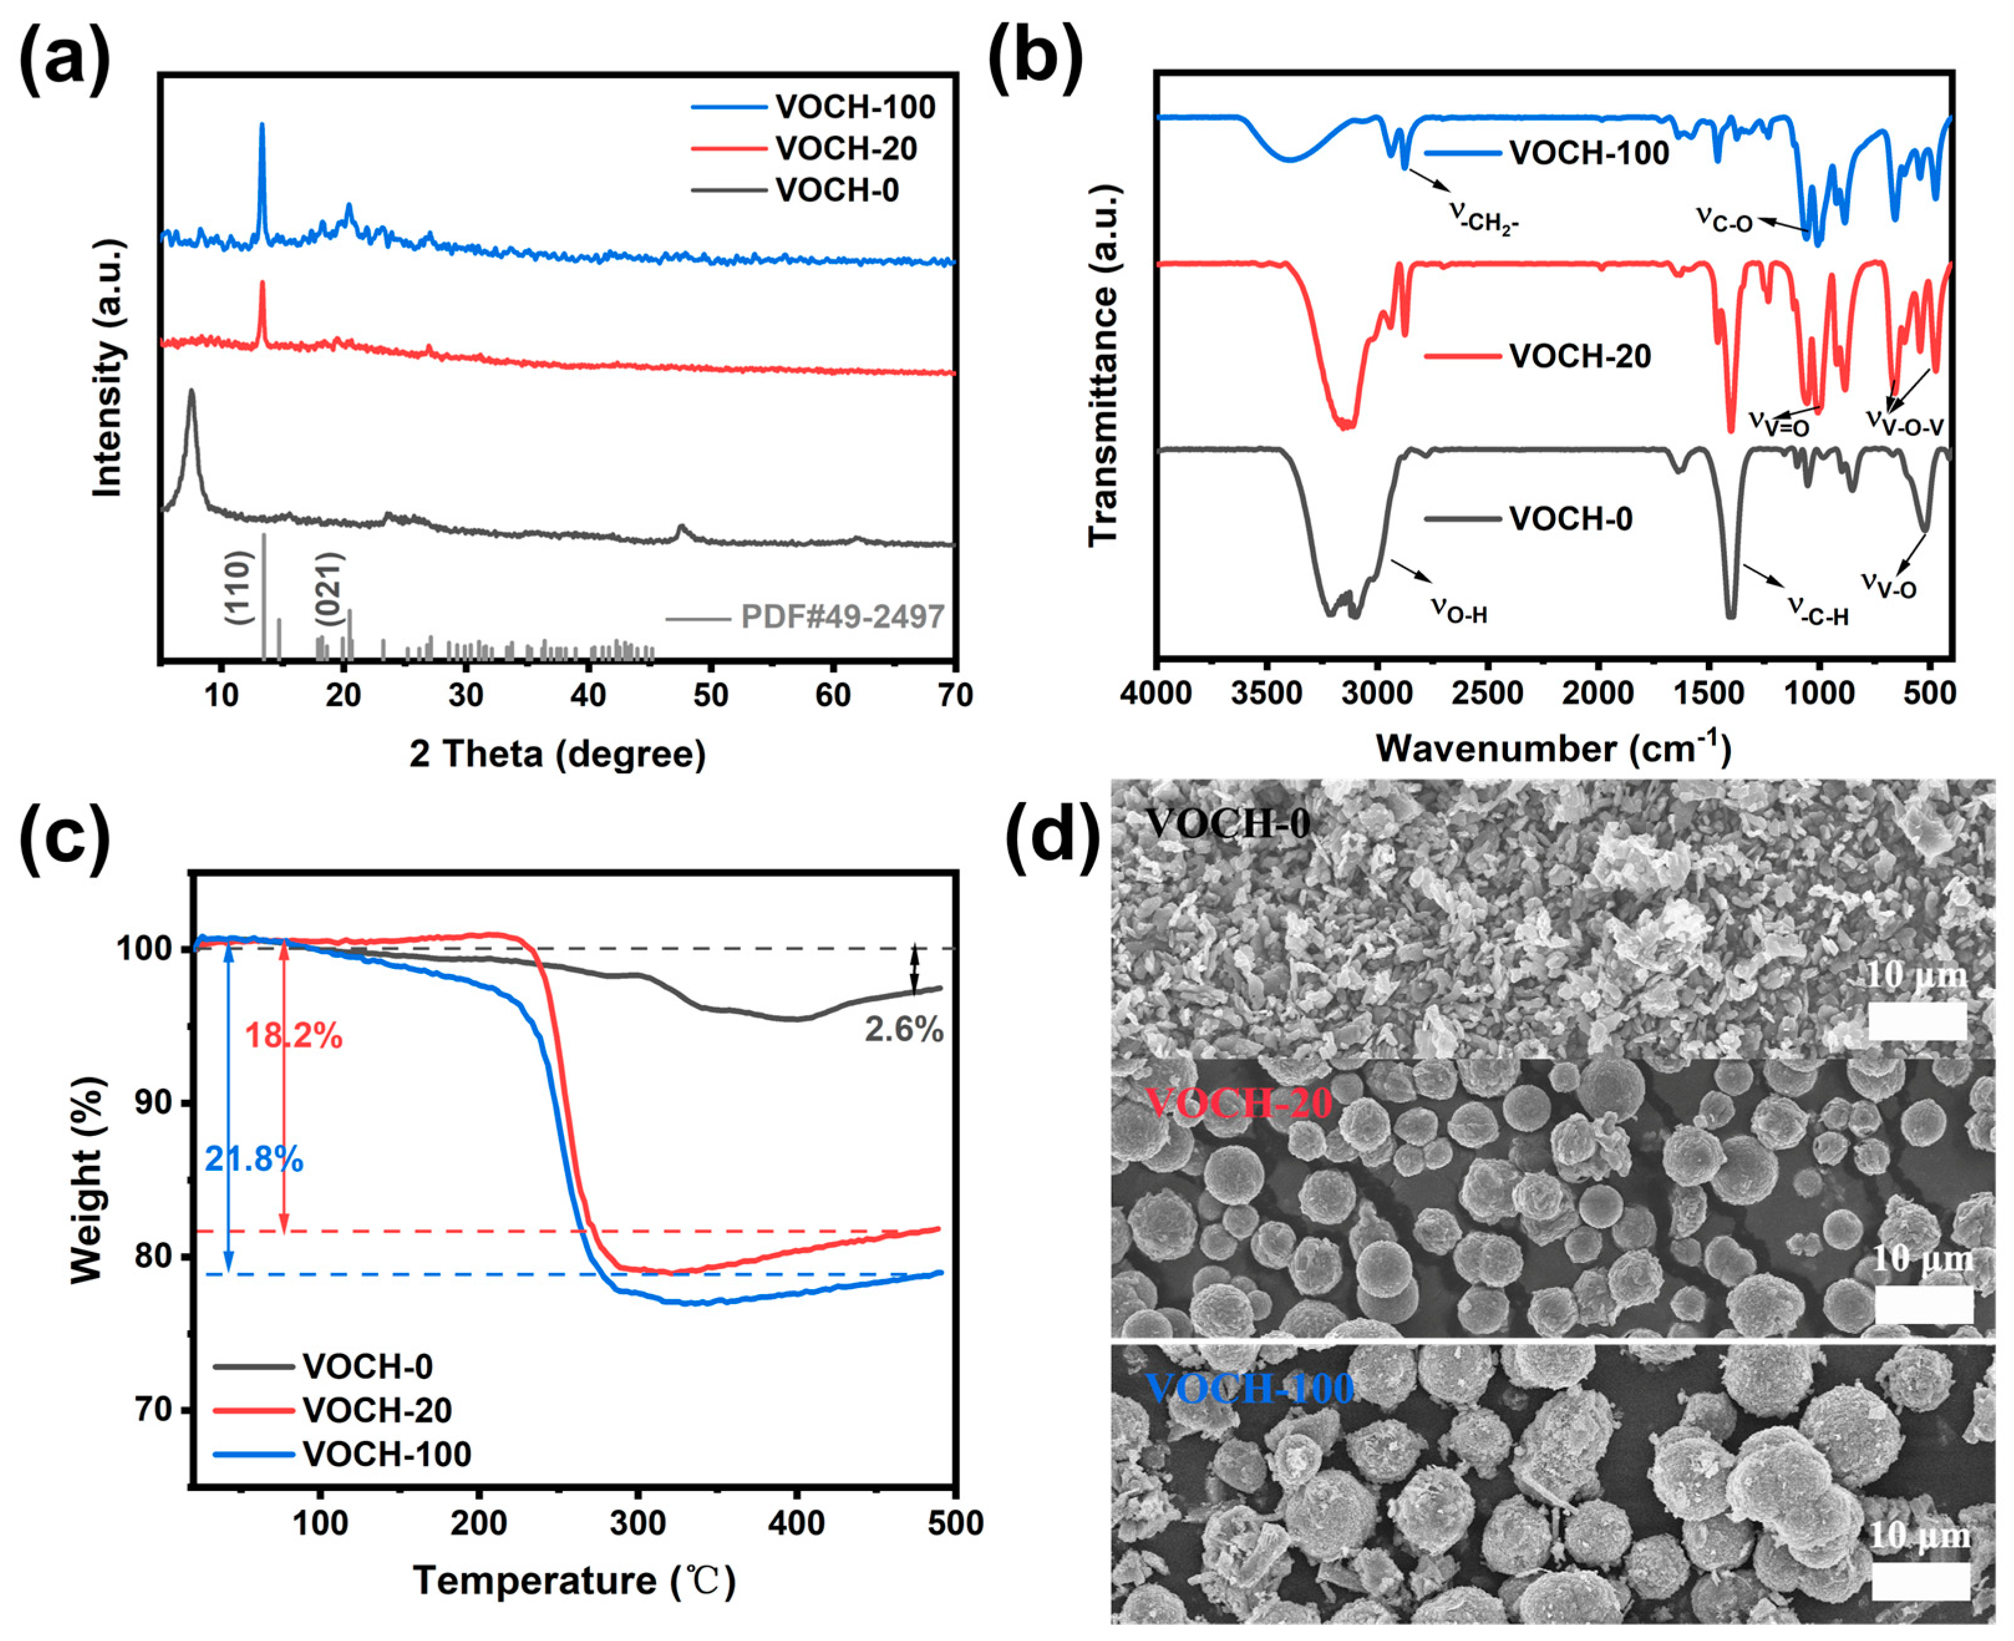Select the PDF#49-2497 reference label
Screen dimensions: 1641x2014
841,617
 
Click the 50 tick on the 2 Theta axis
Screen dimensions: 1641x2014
711,695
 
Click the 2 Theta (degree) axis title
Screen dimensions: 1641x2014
558,754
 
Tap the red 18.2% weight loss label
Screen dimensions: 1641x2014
294,1036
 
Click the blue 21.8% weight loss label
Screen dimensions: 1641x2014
254,1159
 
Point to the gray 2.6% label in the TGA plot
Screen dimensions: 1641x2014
903,1029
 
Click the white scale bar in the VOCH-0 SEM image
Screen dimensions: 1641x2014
1918,1021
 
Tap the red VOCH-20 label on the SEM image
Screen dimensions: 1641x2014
1238,1103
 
